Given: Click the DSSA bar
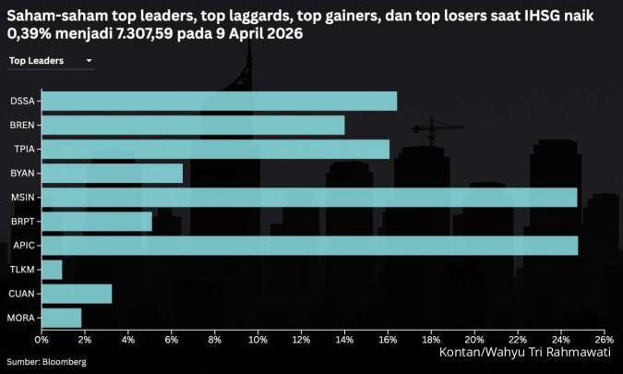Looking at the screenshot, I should coord(219,101).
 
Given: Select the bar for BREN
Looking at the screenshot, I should coord(193,125).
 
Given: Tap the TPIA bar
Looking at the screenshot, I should coord(215,149).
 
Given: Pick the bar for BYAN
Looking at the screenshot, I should coord(112,173).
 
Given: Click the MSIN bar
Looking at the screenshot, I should coord(309,197).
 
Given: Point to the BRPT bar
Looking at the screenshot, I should coord(96,221).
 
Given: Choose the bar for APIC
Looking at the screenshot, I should coord(309,245).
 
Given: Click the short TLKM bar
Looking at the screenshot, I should coord(52,269).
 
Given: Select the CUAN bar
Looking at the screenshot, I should coord(77,294).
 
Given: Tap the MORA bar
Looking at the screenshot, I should coord(61,318).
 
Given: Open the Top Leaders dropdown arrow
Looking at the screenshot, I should coord(89,61).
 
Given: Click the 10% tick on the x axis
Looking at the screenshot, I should coord(258,340).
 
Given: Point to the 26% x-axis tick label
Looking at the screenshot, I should coord(604,340).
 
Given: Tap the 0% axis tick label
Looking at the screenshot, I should coord(42,340).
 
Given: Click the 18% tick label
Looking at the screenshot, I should coord(431,340).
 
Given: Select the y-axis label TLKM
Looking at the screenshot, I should coord(22,270).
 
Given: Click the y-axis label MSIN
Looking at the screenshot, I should coord(22,197).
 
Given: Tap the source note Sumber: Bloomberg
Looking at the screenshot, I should coord(47,362).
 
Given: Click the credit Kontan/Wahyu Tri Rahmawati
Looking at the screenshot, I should coord(523,353).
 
